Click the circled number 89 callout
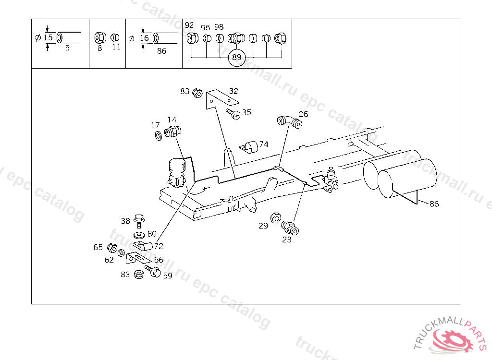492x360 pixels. [236, 57]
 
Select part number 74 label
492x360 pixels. [264, 144]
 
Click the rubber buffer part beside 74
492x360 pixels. [249, 146]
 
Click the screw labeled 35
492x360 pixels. [234, 114]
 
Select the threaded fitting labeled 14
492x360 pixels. [172, 132]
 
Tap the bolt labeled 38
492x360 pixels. [139, 221]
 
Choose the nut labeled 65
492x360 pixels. [111, 248]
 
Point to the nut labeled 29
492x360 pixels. [276, 217]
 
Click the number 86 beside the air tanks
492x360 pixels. [434, 204]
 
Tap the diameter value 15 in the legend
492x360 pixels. [48, 37]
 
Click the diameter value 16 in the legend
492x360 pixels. [144, 37]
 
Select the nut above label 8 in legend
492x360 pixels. [100, 37]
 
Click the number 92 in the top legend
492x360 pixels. [189, 25]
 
